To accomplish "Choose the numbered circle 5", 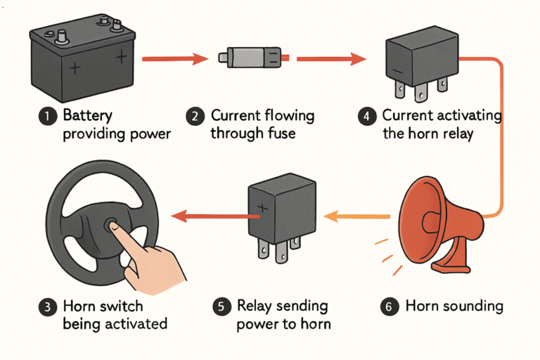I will pyautogui.click(x=221, y=307).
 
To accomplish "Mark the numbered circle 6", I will pyautogui.click(x=390, y=307).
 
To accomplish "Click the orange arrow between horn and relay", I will pyautogui.click(x=359, y=217).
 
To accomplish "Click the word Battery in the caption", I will pyautogui.click(x=88, y=115).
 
